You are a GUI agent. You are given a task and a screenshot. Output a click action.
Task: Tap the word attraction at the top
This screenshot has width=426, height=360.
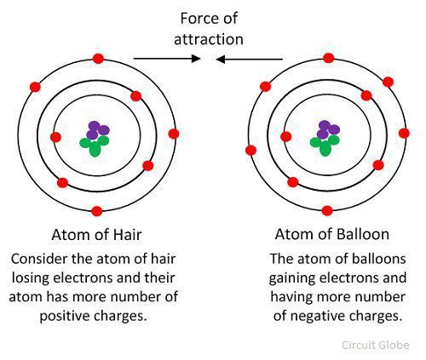click(209, 39)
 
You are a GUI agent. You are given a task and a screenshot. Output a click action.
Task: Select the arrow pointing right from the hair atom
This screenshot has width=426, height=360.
click(167, 59)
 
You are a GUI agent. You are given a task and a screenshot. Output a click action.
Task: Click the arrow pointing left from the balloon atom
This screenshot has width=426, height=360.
click(250, 60)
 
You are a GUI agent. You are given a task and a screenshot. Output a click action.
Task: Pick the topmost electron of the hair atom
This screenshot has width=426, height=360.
click(98, 59)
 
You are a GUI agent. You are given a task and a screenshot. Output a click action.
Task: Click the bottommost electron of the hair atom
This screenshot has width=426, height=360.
click(97, 211)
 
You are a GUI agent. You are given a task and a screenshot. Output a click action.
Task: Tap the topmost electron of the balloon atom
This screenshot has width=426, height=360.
click(329, 58)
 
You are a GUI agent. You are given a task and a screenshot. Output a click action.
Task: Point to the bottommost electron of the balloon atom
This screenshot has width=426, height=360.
click(327, 211)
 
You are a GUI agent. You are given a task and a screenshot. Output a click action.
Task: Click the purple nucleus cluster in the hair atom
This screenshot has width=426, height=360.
click(97, 130)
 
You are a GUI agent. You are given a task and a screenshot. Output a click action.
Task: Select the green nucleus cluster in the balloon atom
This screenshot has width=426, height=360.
click(325, 145)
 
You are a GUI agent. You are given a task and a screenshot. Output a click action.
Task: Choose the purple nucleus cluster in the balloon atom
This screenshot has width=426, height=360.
click(328, 129)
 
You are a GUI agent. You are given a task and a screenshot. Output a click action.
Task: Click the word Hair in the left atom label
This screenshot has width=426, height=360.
click(127, 235)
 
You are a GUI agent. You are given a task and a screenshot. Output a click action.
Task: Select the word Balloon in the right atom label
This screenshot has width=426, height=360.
click(362, 234)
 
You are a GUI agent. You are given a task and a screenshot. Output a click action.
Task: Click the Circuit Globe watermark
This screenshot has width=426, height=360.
click(376, 346)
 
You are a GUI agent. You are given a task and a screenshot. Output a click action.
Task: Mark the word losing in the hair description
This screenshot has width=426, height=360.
click(31, 278)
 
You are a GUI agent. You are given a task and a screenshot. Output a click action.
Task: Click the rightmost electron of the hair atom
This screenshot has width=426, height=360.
click(174, 134)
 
